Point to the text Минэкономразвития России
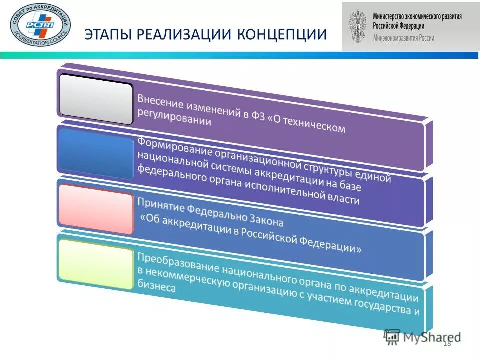pyautogui.click(x=404, y=38)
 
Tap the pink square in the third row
pyautogui.click(x=96, y=209)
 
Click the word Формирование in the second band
pyautogui.click(x=169, y=145)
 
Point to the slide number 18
pyautogui.click(x=447, y=343)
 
